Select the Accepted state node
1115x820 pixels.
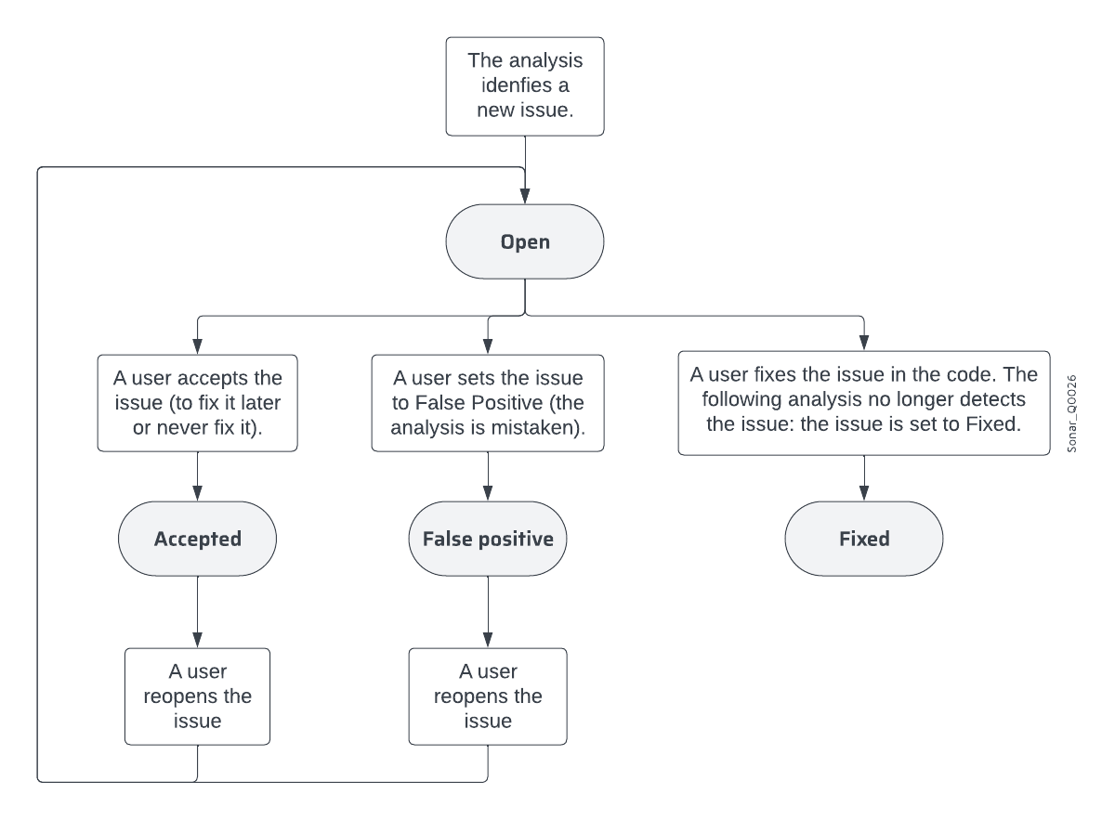[197, 540]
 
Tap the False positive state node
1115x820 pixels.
[488, 540]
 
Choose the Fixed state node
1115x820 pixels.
[864, 540]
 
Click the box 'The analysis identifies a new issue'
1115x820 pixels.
[525, 86]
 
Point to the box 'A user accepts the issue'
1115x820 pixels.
[197, 402]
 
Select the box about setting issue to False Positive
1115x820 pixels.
[488, 402]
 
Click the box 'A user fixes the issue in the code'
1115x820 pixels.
[864, 402]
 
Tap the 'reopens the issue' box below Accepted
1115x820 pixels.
[197, 696]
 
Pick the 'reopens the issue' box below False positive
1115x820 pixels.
[488, 696]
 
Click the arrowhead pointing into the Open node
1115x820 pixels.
[525, 197]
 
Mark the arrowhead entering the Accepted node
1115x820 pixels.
[197, 495]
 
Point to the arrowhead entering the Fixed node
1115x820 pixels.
[864, 495]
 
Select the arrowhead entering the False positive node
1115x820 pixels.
[488, 495]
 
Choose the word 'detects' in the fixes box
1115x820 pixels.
[995, 402]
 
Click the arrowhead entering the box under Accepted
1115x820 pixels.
[197, 641]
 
